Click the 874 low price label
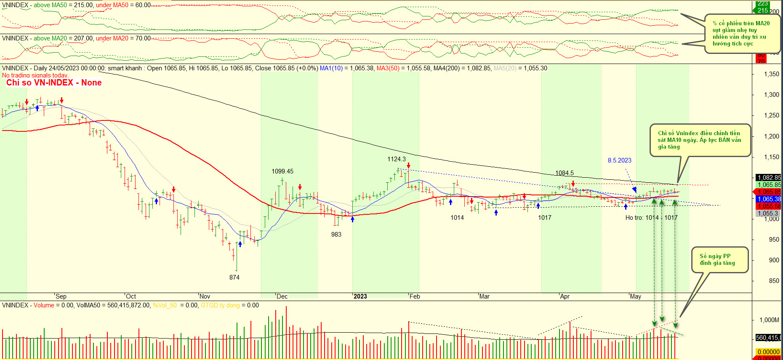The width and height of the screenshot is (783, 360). point(234,277)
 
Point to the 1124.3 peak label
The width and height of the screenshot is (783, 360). point(397,159)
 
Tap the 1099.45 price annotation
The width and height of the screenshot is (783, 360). point(282,171)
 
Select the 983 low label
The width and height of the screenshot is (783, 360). point(336,235)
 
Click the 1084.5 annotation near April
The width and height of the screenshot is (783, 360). point(565,173)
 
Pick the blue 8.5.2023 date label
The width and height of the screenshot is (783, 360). point(619,160)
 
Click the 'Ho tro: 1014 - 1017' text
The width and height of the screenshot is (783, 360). point(651,218)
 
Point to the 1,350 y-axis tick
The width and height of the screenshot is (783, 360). point(772,74)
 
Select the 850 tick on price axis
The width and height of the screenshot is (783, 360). point(774,281)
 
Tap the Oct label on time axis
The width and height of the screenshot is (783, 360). point(131,296)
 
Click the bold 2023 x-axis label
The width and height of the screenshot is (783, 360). point(360,296)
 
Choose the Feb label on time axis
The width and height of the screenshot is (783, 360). point(415,296)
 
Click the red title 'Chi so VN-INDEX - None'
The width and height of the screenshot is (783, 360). point(54,83)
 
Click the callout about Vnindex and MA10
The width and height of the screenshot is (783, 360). point(700,140)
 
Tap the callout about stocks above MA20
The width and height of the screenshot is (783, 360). point(742,33)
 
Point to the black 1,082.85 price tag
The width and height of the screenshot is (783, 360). point(769,178)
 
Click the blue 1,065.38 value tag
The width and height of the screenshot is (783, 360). point(769,199)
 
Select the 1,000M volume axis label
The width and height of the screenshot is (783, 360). point(769,320)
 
